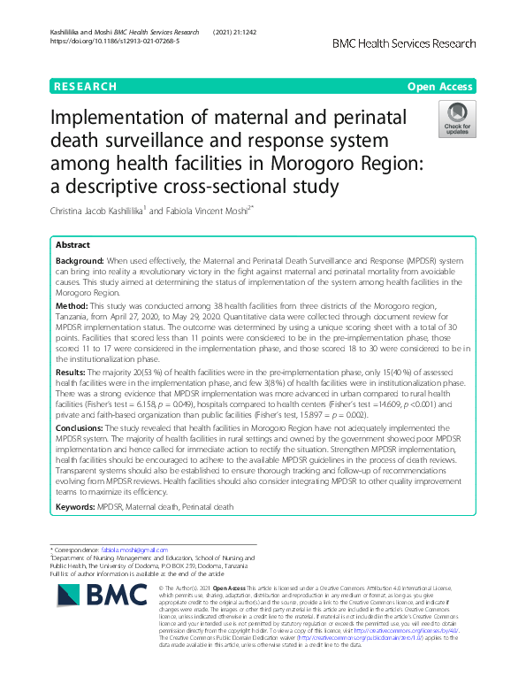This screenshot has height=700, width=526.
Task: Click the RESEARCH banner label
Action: click(86, 87)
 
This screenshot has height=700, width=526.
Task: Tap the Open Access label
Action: click(443, 87)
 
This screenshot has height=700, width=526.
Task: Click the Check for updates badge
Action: click(457, 120)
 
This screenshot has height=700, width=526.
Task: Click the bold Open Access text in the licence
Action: click(243, 587)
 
